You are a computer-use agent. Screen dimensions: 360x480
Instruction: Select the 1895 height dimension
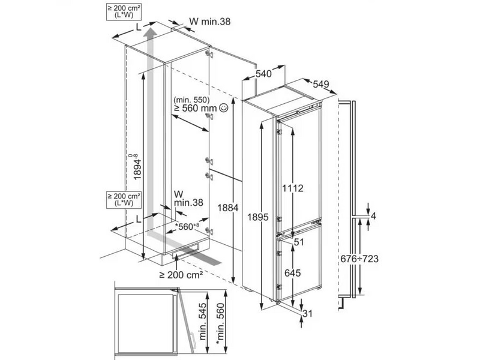(x=256, y=217)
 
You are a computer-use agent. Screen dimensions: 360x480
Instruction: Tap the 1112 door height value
(x=293, y=188)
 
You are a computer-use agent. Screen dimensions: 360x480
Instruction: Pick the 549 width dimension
(x=321, y=86)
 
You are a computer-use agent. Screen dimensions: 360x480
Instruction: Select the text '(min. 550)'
(x=190, y=99)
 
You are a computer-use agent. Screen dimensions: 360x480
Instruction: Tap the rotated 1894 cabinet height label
(x=138, y=169)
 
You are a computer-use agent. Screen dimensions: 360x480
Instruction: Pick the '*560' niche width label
(x=181, y=227)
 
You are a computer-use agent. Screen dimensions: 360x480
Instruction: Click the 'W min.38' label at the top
(x=209, y=22)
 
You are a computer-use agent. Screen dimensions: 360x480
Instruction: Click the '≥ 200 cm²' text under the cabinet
(x=180, y=274)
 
